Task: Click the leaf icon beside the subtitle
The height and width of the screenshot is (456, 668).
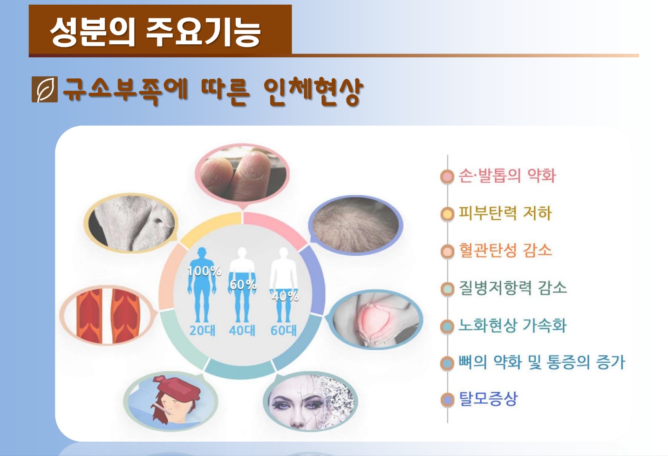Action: tap(45, 89)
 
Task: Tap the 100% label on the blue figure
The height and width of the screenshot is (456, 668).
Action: tap(204, 271)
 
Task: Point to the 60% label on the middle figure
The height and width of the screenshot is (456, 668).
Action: tap(243, 285)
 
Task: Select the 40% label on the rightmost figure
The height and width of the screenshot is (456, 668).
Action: tap(285, 296)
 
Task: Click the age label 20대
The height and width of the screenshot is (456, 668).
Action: tap(203, 330)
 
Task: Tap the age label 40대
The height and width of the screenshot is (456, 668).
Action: tap(242, 330)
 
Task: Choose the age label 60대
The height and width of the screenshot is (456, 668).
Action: tap(284, 330)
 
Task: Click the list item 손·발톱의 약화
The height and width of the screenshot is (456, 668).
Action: tap(507, 175)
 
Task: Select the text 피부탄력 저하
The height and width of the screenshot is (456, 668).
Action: tap(505, 213)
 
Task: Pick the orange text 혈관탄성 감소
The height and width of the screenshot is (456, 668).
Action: tap(505, 250)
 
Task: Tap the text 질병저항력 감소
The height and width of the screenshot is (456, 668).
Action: tap(512, 288)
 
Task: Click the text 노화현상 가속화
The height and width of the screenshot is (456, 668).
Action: tap(512, 325)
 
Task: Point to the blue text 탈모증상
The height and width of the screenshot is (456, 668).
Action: tap(488, 399)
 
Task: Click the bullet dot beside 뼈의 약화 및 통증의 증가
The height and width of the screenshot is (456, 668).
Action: tap(447, 363)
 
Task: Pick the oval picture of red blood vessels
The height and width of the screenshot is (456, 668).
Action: tap(108, 315)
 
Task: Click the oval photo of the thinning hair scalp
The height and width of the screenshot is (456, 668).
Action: tap(355, 225)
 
